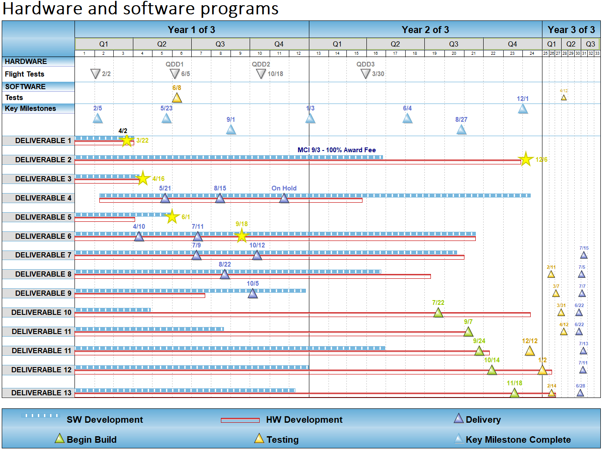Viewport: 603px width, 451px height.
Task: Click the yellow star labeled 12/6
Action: [526, 160]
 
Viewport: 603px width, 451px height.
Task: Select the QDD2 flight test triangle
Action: [261, 74]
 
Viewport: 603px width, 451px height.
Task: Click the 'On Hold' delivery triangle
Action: [284, 199]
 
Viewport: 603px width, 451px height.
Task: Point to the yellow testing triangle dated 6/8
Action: [177, 98]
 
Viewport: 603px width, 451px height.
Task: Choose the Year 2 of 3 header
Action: [425, 30]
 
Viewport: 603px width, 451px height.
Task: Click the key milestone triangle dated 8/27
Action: [461, 130]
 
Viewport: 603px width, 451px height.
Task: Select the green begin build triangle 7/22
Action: [438, 313]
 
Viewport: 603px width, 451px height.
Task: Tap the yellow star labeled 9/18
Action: [241, 236]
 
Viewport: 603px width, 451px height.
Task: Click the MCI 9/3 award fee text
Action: [336, 150]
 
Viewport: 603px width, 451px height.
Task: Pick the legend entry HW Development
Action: [304, 420]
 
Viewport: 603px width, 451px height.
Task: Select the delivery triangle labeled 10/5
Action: [253, 294]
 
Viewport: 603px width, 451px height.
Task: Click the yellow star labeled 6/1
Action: [172, 217]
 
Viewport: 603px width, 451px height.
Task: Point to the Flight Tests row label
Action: [25, 74]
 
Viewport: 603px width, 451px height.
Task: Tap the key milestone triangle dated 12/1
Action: [523, 109]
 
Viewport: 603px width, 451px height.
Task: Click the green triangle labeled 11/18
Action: [515, 393]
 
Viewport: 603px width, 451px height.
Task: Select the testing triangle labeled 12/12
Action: [530, 351]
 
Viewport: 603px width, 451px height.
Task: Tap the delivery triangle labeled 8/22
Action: [225, 274]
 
